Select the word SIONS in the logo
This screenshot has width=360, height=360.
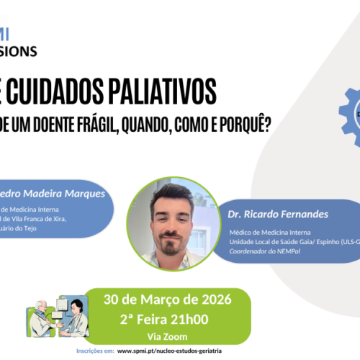(x=19, y=52)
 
